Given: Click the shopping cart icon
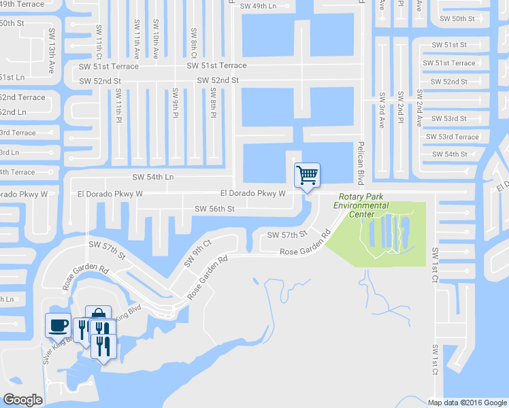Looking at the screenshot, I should click(307, 175).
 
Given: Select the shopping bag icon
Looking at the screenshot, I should click(99, 314).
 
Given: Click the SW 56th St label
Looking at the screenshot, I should click(214, 209).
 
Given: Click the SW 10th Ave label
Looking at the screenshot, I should click(156, 44).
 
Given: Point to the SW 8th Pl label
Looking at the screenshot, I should click(213, 104).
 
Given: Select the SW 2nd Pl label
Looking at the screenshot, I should click(401, 107).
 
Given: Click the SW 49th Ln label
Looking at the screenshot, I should click(261, 6).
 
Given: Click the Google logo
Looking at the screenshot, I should click(22, 400).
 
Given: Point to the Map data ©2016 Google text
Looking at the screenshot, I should click(467, 403).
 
